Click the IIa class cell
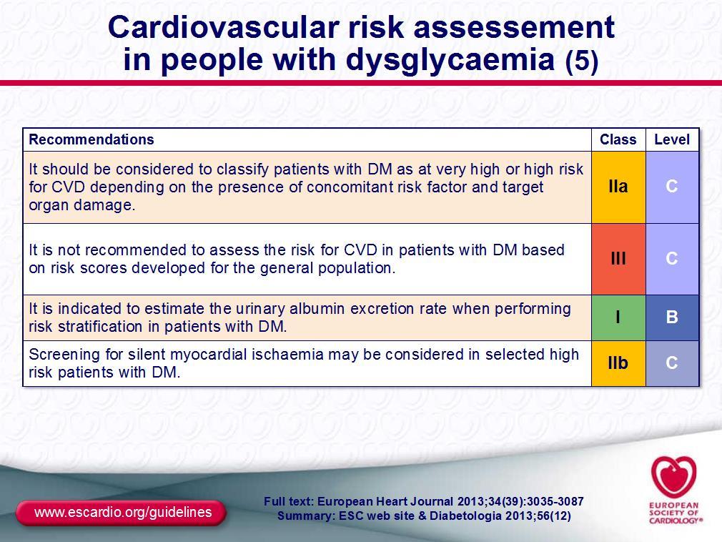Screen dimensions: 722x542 click(x=618, y=187)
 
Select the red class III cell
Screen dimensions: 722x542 click(x=618, y=259)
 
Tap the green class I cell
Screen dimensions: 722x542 click(x=618, y=317)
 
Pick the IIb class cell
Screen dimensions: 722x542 click(x=618, y=363)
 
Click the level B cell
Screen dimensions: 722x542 click(x=672, y=317)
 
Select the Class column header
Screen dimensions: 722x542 click(x=618, y=139)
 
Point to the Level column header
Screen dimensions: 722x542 click(x=672, y=139)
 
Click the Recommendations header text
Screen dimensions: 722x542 click(x=92, y=139)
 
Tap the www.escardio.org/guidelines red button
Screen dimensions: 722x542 click(x=121, y=513)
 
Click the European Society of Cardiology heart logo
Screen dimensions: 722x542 click(x=674, y=477)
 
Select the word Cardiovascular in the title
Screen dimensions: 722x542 click(x=225, y=27)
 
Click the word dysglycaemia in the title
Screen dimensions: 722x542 click(x=450, y=60)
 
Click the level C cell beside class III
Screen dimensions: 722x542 click(x=672, y=259)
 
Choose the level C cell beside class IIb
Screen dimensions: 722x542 click(x=672, y=363)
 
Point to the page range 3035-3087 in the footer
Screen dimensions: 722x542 click(x=555, y=501)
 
